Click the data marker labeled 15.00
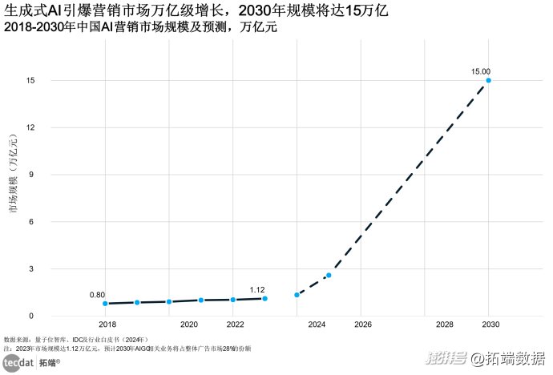click(489, 80)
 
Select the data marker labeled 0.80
click(105, 304)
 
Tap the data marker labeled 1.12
click(264, 299)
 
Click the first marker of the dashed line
click(297, 295)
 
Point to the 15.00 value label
click(481, 71)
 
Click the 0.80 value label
click(97, 294)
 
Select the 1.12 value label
click(257, 289)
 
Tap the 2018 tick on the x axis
click(107, 325)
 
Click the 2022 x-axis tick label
click(236, 325)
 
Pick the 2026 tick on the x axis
click(363, 325)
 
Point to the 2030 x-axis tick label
click(490, 325)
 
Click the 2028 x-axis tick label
click(444, 325)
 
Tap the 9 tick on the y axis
click(30, 175)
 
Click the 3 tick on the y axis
click(30, 269)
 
